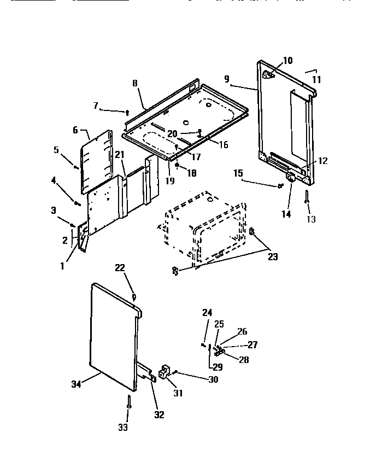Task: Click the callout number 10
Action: pyautogui.click(x=287, y=61)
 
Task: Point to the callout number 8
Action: pyautogui.click(x=134, y=84)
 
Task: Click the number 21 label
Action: pyautogui.click(x=120, y=155)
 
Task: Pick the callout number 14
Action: pyautogui.click(x=286, y=214)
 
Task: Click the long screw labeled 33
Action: pyautogui.click(x=128, y=404)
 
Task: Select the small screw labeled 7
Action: pyautogui.click(x=127, y=112)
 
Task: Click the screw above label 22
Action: pyautogui.click(x=134, y=296)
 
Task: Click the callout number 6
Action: pyautogui.click(x=75, y=130)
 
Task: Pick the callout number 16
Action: pyautogui.click(x=223, y=145)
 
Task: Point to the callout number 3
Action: pyautogui.click(x=54, y=210)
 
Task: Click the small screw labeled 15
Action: pyautogui.click(x=280, y=186)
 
